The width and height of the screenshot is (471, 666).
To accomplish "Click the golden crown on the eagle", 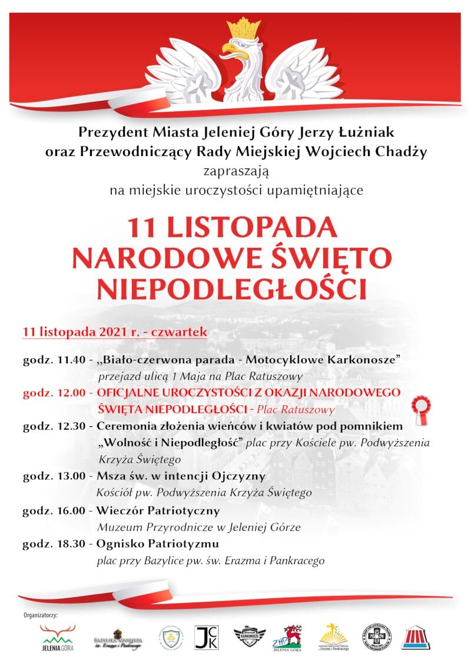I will click(x=243, y=28).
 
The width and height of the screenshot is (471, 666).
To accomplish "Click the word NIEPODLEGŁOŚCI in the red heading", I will click(x=231, y=289).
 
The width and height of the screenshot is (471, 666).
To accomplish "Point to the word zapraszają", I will click(x=235, y=171).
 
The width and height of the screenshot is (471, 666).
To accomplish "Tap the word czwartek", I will click(x=179, y=332).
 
